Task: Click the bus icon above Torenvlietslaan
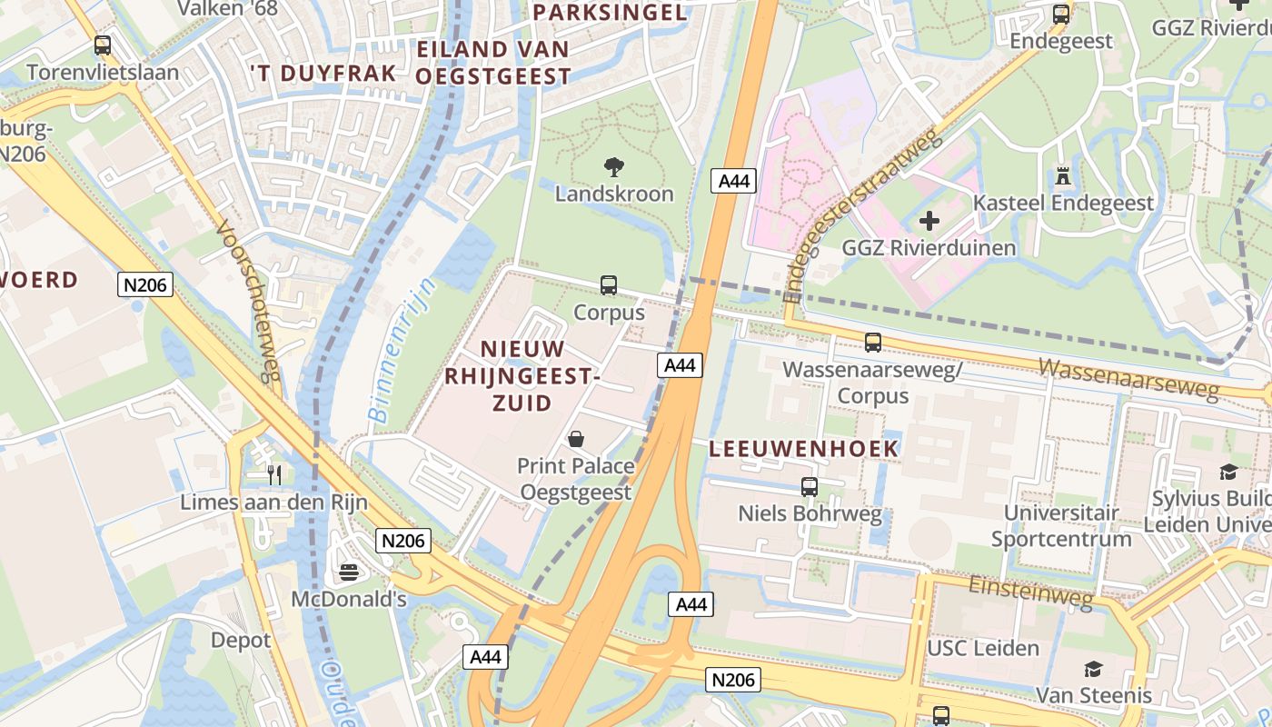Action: point(103,45)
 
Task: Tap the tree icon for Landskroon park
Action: point(614,166)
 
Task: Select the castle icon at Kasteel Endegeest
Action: point(1062,175)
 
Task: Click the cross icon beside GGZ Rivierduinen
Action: point(929,220)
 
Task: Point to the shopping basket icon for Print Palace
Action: point(575,439)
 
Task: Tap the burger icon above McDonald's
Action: point(349,572)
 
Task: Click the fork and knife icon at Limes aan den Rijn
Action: point(273,474)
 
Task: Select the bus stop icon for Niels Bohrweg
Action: point(809,487)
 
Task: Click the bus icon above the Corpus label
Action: point(609,285)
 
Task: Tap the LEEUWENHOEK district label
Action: point(803,448)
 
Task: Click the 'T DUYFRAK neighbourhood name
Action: point(323,74)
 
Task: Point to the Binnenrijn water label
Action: point(402,351)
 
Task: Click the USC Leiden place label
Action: point(982,648)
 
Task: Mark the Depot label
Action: point(241,640)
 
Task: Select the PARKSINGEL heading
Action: point(609,12)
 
